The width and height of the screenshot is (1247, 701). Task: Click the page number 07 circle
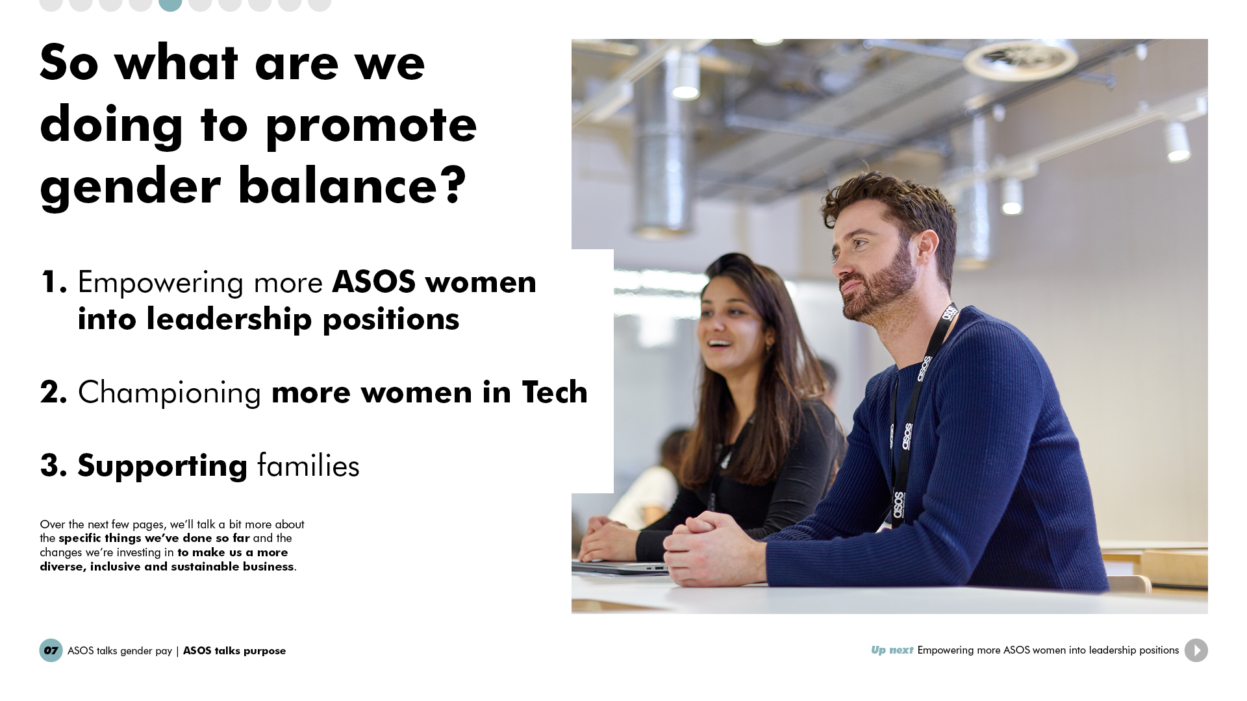pos(51,650)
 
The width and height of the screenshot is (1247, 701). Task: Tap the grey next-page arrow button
pos(1196,650)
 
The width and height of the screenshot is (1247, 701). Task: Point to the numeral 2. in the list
pos(54,392)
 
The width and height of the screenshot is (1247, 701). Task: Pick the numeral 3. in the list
pos(54,465)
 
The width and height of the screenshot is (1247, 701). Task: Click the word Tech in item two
pos(555,392)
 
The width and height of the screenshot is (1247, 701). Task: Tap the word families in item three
pos(309,465)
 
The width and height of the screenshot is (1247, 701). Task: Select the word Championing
pos(170,393)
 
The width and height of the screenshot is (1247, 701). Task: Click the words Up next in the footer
pos(892,650)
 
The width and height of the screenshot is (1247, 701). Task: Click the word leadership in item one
pos(229,319)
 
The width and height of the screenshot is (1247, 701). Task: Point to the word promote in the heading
pos(371,126)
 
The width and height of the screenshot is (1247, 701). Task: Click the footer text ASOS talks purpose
pos(234,651)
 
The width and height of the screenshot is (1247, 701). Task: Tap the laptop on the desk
pos(620,567)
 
